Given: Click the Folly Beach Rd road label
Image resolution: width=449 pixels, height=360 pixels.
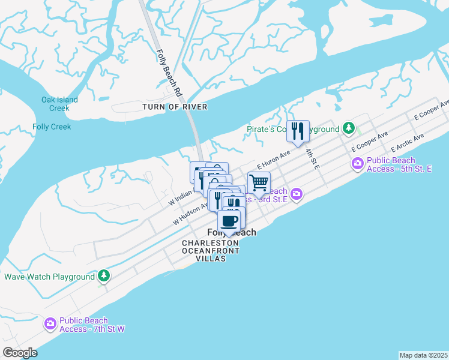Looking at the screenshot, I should click(x=169, y=72).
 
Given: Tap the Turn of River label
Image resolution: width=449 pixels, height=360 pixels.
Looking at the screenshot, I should click(x=175, y=107).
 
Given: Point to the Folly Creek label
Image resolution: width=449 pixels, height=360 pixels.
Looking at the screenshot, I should click(x=52, y=127).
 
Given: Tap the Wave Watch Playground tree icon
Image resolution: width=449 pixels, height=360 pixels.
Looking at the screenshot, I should click(x=104, y=275).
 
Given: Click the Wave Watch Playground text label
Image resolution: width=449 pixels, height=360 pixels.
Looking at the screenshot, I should click(x=49, y=277).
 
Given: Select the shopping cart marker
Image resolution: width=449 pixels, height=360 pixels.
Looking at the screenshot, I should click(x=259, y=182).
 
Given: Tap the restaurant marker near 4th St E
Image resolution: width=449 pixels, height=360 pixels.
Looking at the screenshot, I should click(x=298, y=131).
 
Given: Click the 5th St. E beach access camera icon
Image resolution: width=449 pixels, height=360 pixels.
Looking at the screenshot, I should click(x=358, y=163).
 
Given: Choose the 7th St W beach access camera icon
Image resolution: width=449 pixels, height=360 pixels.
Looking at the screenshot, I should click(x=50, y=324).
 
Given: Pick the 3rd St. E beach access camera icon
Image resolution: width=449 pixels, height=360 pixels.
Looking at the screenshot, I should click(x=296, y=194).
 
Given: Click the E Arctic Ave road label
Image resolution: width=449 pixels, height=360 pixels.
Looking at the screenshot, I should click(x=407, y=142).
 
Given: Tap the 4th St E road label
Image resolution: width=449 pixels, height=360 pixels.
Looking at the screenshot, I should click(x=311, y=157).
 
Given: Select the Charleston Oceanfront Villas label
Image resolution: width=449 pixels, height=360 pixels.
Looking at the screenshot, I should click(x=211, y=250).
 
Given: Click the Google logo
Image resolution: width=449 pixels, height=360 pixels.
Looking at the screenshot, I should click(x=20, y=353).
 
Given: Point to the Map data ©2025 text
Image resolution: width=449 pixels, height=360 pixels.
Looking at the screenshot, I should click(x=423, y=355).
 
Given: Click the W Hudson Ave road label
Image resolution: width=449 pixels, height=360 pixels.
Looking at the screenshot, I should click(x=190, y=214).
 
